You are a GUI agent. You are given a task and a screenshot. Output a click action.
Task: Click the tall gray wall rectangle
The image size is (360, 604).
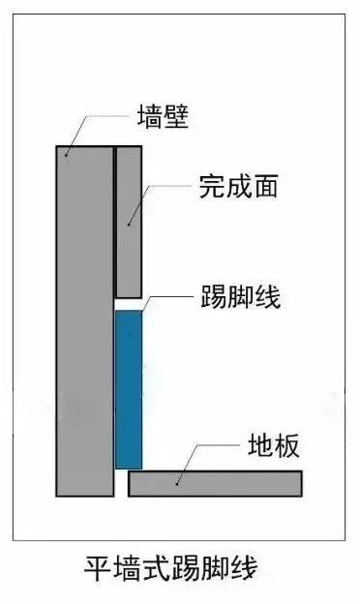(x=84, y=319)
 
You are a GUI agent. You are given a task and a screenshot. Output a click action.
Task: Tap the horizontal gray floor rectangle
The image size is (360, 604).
(x=215, y=482)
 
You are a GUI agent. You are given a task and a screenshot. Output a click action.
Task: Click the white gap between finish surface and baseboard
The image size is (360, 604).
(x=129, y=303)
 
